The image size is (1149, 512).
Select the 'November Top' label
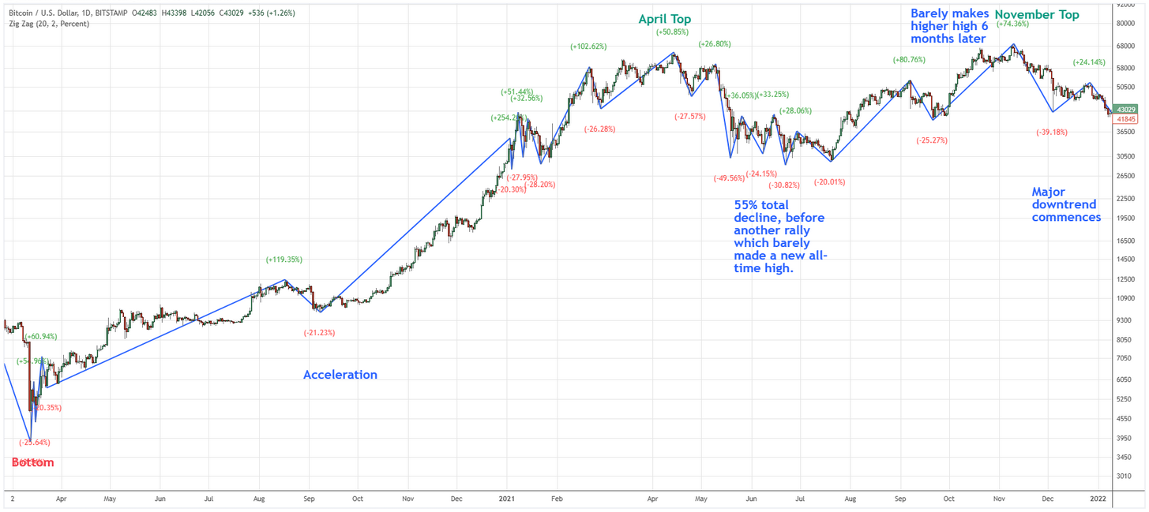[1036, 15]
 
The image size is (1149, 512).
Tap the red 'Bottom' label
[32, 462]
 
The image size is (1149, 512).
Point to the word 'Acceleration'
[340, 375]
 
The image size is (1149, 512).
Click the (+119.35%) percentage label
[283, 260]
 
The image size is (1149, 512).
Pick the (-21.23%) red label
[319, 333]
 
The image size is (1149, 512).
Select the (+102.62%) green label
[588, 47]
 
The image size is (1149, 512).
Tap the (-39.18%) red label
[1051, 133]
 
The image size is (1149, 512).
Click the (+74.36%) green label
[1012, 24]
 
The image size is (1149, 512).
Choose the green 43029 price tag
[1126, 110]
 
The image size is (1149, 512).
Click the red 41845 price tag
[1126, 119]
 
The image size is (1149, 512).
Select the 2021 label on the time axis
[507, 499]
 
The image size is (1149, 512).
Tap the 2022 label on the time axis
[1098, 499]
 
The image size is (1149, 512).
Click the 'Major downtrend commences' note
[1066, 204]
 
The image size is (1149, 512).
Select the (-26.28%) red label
[599, 129]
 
